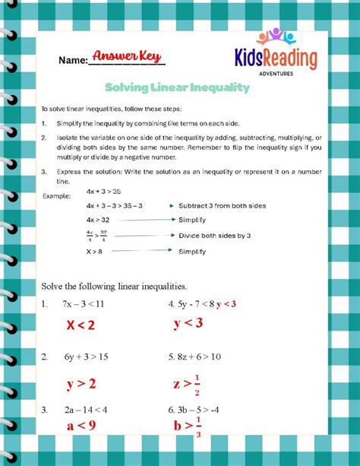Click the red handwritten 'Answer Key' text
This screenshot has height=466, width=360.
click(x=128, y=56)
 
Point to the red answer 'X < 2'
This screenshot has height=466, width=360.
click(x=81, y=325)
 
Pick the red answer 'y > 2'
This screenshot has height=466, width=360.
click(x=81, y=383)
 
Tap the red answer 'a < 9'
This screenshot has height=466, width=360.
click(x=81, y=426)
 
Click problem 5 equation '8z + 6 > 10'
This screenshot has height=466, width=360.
click(x=201, y=356)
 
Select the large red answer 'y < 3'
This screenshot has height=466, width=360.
click(x=188, y=323)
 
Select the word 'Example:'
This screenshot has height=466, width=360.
click(x=56, y=197)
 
